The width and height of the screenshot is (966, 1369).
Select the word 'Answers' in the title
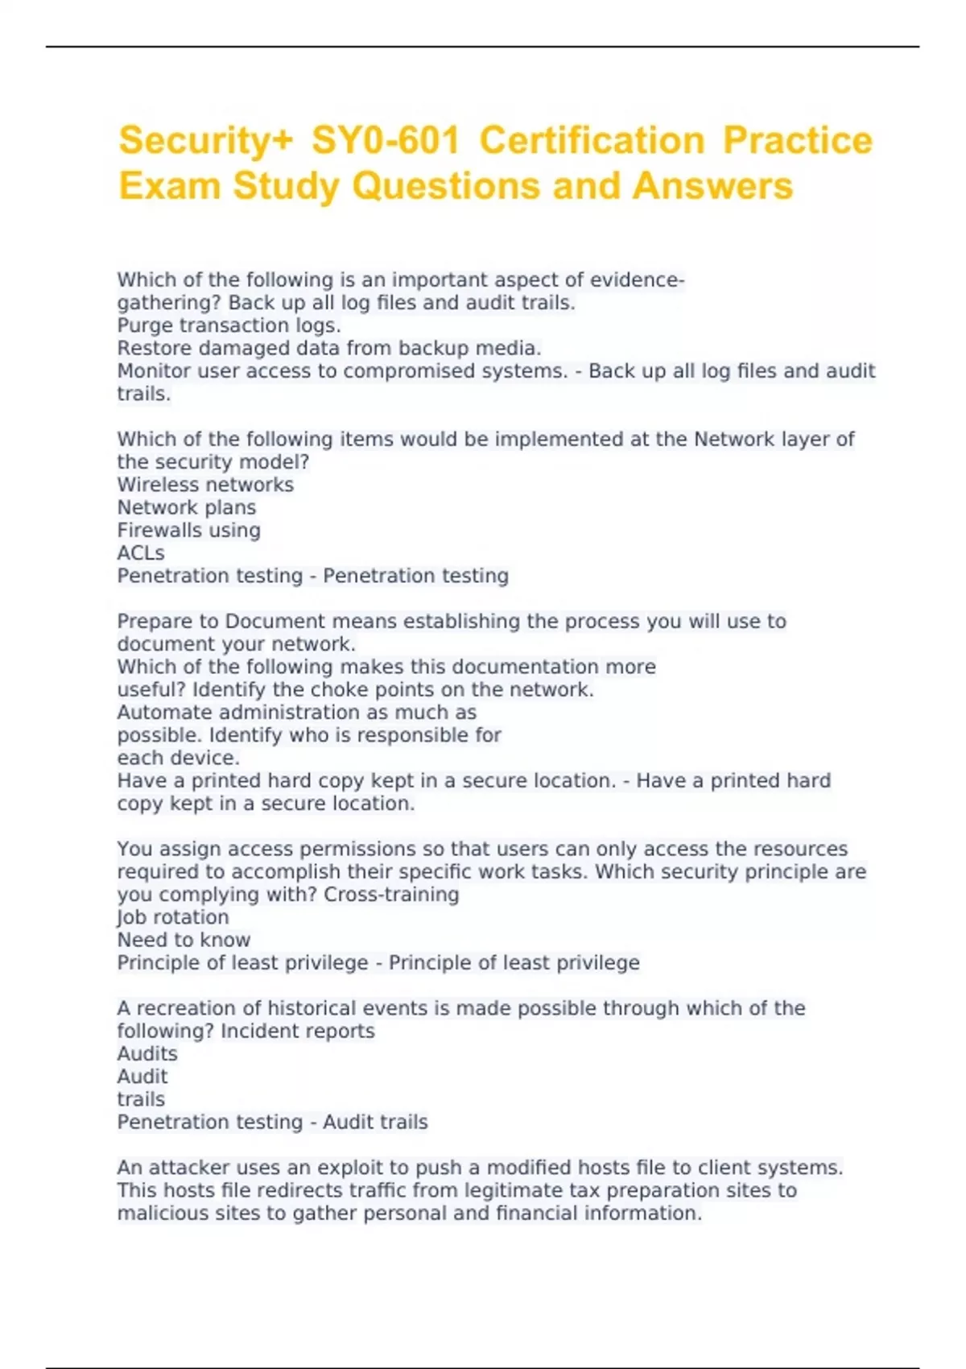tap(712, 186)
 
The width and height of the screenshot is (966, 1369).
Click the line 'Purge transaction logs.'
tap(229, 325)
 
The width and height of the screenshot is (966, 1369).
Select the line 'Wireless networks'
tap(205, 485)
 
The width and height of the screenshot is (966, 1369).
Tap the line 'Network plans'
tap(187, 507)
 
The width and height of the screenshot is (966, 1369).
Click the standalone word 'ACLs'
tap(141, 553)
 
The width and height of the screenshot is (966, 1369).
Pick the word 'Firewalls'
tap(158, 530)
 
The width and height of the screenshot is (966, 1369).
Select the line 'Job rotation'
tap(173, 917)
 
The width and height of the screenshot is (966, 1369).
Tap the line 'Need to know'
tap(184, 940)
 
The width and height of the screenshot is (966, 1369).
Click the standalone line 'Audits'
tap(147, 1053)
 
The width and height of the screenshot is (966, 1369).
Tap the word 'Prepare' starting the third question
tap(155, 622)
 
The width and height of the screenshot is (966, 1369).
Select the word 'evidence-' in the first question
tap(638, 280)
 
